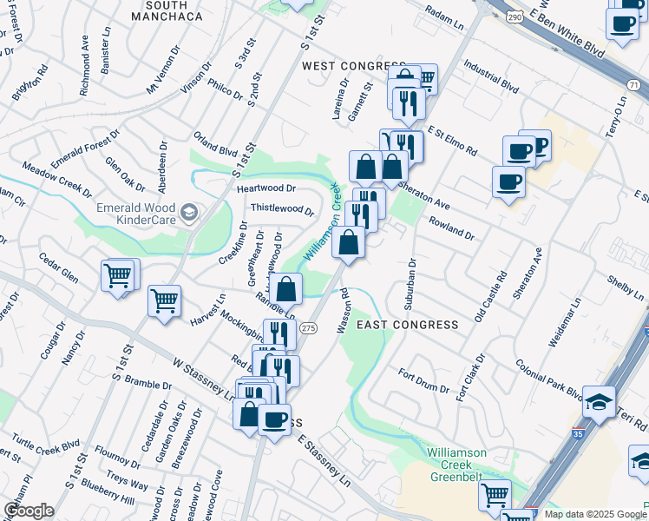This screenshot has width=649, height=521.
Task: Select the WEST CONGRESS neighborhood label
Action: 353,66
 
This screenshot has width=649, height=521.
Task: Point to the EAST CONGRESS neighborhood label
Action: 419,325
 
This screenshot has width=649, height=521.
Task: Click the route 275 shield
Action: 307,327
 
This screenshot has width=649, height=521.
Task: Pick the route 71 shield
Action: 635,84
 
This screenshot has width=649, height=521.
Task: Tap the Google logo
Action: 29,510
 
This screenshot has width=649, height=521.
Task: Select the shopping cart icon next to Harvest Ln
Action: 164,301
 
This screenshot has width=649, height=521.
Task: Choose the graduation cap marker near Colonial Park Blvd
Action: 599,401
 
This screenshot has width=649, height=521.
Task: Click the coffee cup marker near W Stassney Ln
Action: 275,419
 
